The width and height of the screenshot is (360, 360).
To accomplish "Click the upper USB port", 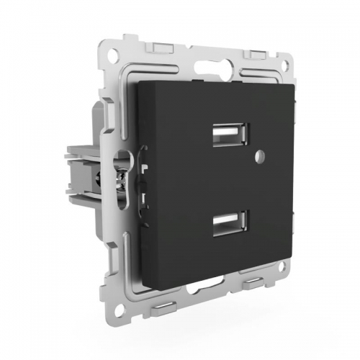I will pos(231,135).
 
